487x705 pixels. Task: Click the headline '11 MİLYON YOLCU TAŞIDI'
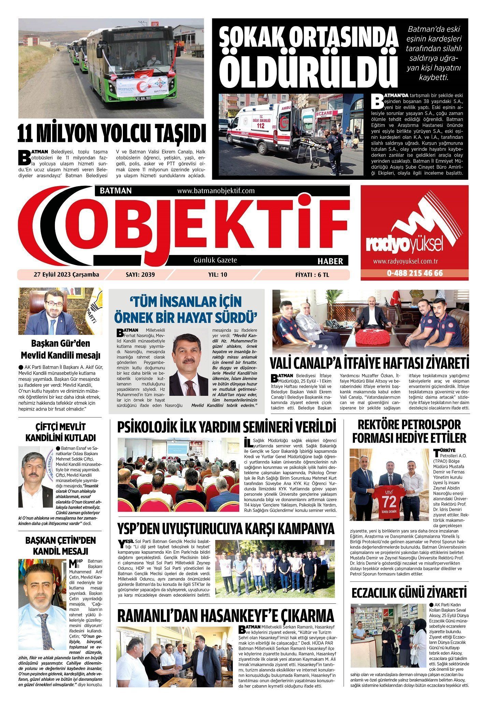coord(112,134)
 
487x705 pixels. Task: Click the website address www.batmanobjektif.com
coord(216,191)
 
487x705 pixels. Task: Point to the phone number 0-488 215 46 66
coord(415,273)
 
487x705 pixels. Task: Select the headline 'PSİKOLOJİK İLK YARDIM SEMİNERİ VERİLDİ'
coord(227,427)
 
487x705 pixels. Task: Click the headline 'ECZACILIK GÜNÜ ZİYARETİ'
coord(409,593)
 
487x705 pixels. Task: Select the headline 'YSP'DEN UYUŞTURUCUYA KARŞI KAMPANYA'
coord(226,529)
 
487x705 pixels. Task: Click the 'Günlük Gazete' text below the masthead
coord(215,260)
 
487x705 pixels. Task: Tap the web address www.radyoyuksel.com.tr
coord(405,261)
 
